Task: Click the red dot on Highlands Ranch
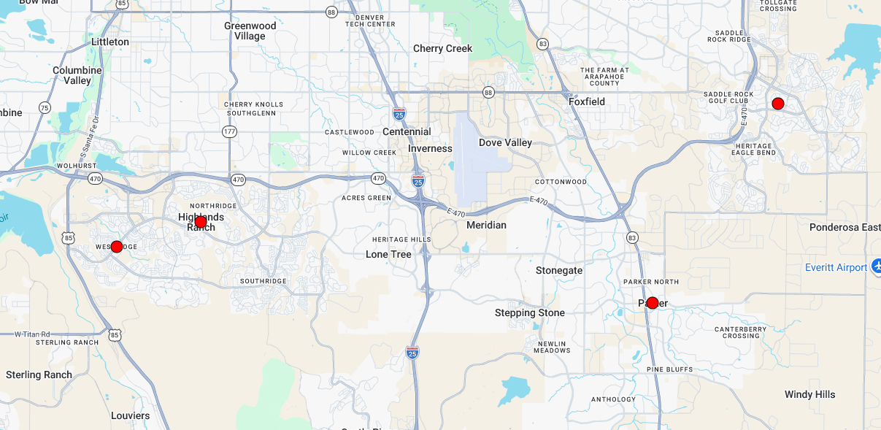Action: point(201,222)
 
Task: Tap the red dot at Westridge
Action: point(117,247)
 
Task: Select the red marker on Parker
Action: point(653,303)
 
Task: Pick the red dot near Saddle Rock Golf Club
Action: point(778,104)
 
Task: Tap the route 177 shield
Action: point(230,131)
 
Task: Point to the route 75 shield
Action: point(45,108)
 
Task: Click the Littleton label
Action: point(110,42)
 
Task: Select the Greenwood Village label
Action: point(250,31)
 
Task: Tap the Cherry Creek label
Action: point(443,49)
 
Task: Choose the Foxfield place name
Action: point(587,102)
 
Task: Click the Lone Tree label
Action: point(388,255)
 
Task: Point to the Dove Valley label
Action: point(505,143)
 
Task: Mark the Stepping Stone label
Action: point(530,313)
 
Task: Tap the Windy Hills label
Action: point(809,395)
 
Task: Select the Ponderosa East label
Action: point(845,228)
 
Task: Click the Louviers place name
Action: point(130,416)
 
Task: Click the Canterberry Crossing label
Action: point(741,332)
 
